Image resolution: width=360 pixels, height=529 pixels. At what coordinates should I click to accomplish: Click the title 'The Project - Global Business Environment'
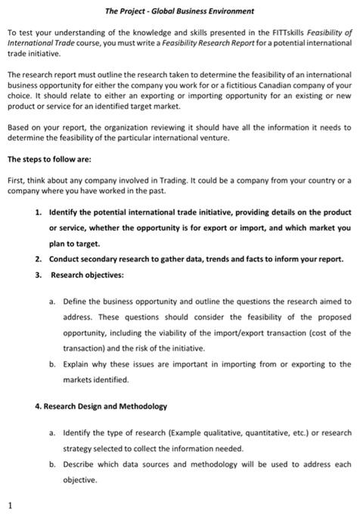179,11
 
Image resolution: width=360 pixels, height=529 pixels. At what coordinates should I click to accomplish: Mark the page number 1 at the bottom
10,504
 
